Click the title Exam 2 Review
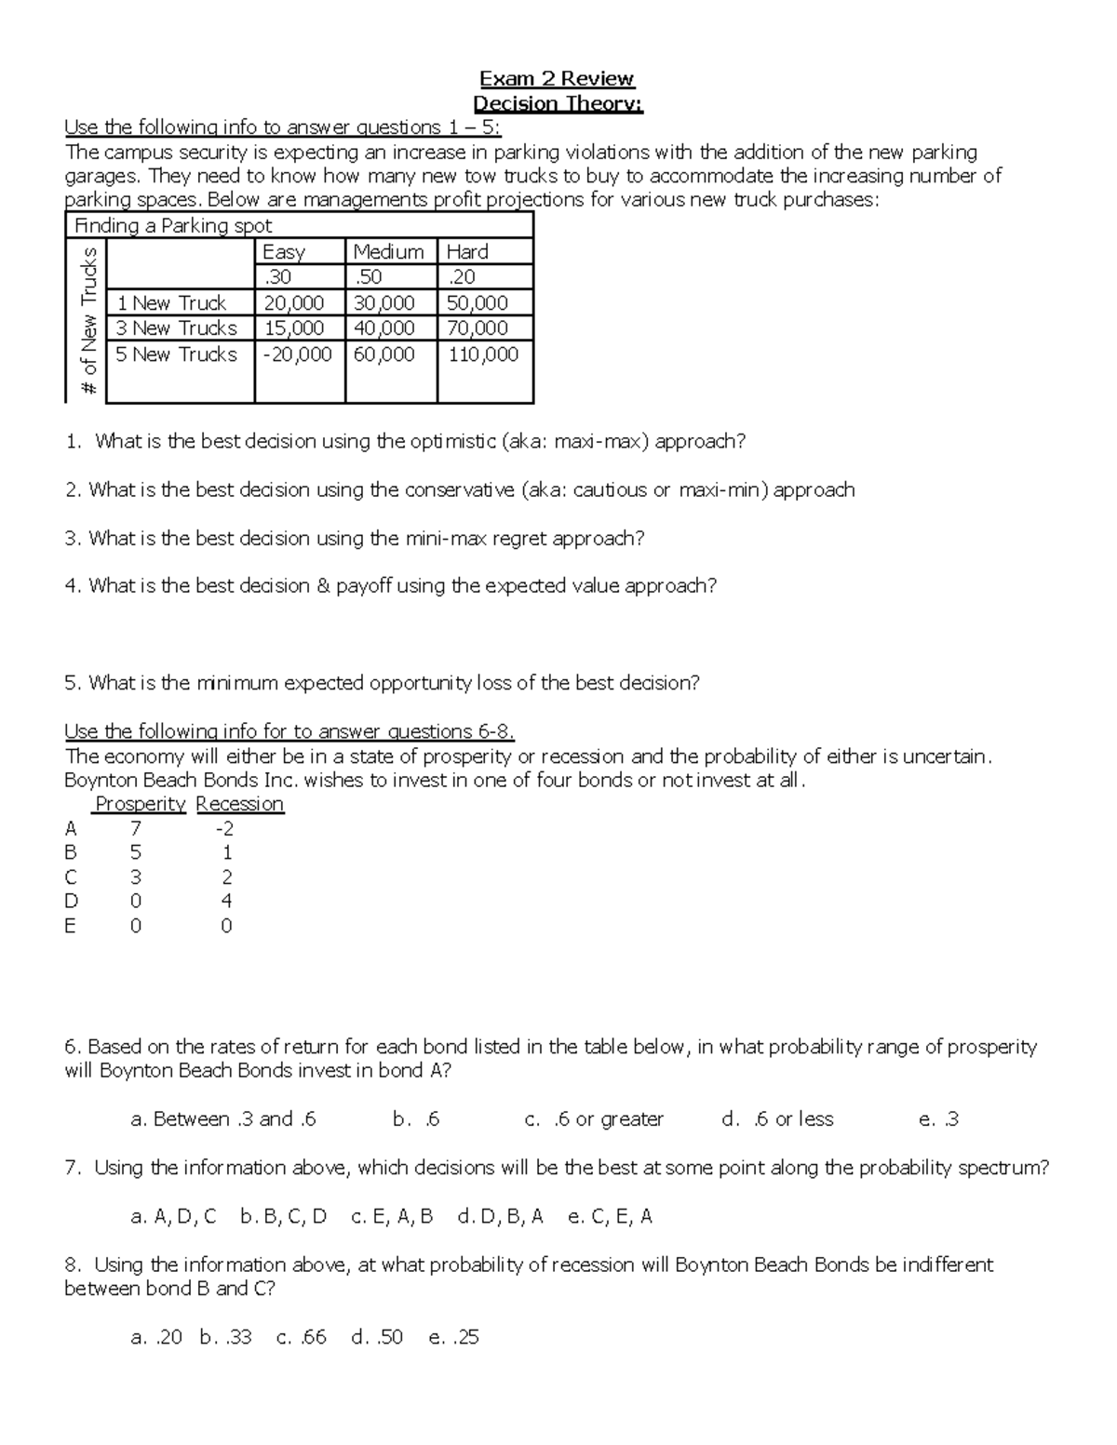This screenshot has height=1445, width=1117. (557, 78)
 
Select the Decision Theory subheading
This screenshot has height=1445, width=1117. (558, 103)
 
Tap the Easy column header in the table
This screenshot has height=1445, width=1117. (284, 251)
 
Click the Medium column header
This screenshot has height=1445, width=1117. (388, 251)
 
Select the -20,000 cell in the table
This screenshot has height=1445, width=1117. (298, 355)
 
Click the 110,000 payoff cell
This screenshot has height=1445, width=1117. (483, 355)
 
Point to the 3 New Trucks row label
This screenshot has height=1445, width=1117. (176, 328)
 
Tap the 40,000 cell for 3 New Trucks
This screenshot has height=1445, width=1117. (384, 328)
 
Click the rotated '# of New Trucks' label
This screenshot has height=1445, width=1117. (88, 322)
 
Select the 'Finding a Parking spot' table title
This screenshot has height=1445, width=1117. (173, 226)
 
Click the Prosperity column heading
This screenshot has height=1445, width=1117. (141, 804)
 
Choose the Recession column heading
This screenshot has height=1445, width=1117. (239, 804)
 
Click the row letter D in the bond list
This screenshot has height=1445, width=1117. (71, 901)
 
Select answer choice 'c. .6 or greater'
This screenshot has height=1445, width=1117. (594, 1119)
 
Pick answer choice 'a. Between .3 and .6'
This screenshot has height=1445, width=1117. (223, 1119)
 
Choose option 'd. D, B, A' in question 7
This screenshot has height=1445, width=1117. (500, 1216)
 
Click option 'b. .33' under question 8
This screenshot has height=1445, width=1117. (225, 1337)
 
